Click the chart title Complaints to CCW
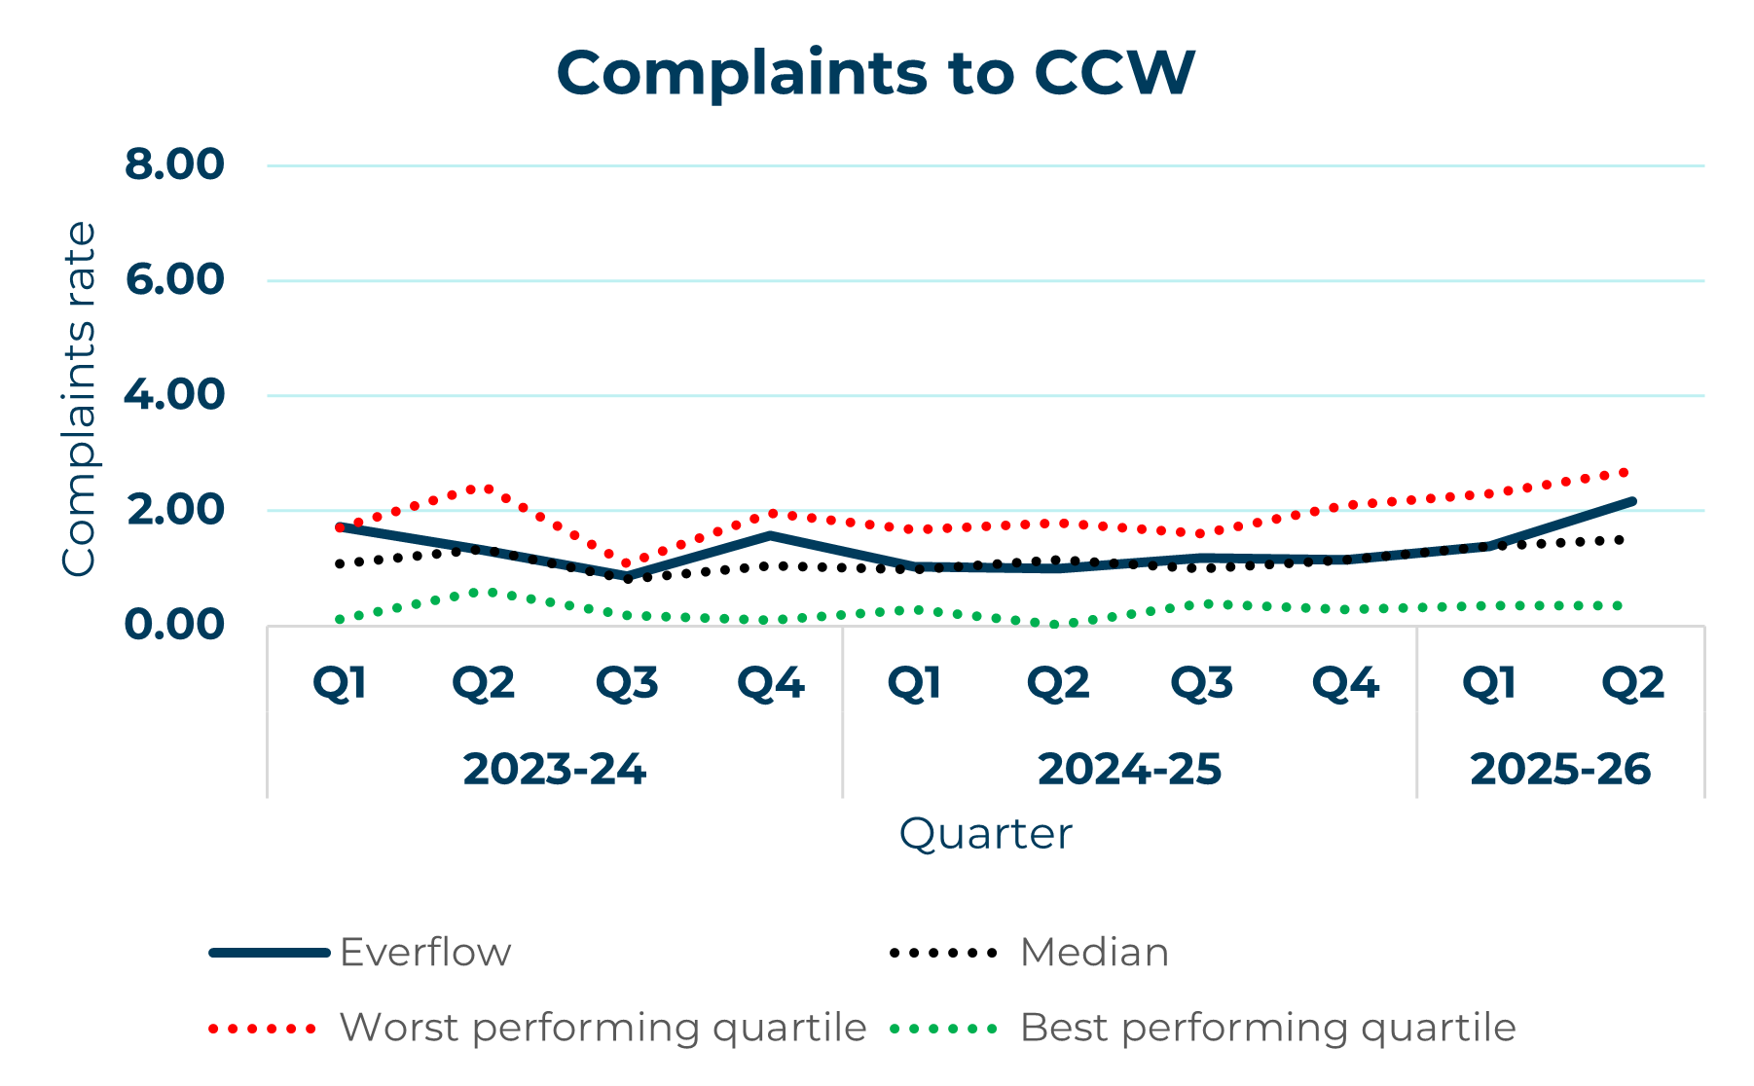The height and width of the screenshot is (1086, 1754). [x=875, y=73]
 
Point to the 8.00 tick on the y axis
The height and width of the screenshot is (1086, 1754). [x=174, y=164]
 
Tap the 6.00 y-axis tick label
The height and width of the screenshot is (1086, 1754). [x=174, y=280]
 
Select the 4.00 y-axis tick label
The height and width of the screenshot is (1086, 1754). [x=174, y=395]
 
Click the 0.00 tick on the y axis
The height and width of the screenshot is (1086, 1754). [x=174, y=625]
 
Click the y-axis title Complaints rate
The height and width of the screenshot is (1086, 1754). [x=79, y=399]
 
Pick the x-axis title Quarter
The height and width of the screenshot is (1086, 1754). [x=985, y=834]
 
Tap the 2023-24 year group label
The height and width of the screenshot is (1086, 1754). [x=554, y=770]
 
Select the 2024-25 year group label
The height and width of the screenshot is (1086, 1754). [x=1129, y=770]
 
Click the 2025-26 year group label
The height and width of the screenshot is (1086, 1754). [x=1560, y=770]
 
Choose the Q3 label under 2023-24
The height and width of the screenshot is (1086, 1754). [x=627, y=684]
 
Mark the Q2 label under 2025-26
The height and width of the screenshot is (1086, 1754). [x=1632, y=684]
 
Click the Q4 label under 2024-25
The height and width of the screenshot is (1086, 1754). [x=1345, y=684]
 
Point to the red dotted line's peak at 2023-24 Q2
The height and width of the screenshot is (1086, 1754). [x=484, y=488]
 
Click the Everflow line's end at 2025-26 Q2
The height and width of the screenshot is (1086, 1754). [x=1632, y=501]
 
